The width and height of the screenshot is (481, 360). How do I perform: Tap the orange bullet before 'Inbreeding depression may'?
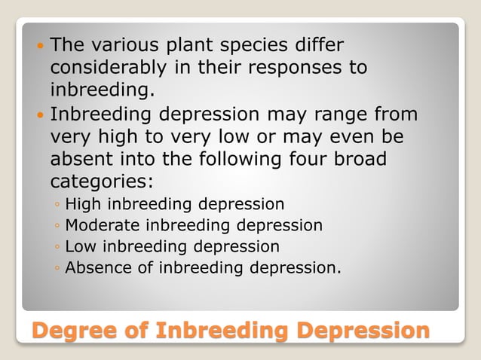pyautogui.click(x=40, y=117)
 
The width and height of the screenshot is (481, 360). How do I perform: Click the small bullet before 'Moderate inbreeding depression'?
pyautogui.click(x=57, y=226)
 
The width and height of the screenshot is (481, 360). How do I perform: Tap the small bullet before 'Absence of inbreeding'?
pyautogui.click(x=57, y=268)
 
